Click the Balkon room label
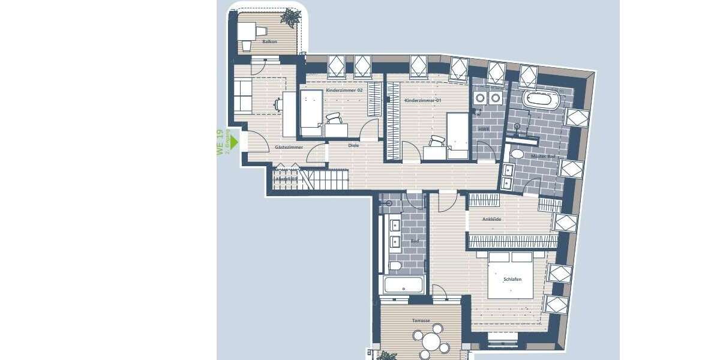click(269, 42)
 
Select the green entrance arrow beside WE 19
click(234, 142)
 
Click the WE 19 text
click(220, 142)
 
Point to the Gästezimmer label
click(288, 147)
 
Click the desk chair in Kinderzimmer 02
click(334, 119)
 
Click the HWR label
click(484, 129)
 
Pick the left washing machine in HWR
click(480, 98)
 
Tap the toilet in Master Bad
click(516, 155)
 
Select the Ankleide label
click(491, 220)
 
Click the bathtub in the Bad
click(404, 285)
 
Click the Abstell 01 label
click(286, 179)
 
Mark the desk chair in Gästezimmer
click(278, 104)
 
